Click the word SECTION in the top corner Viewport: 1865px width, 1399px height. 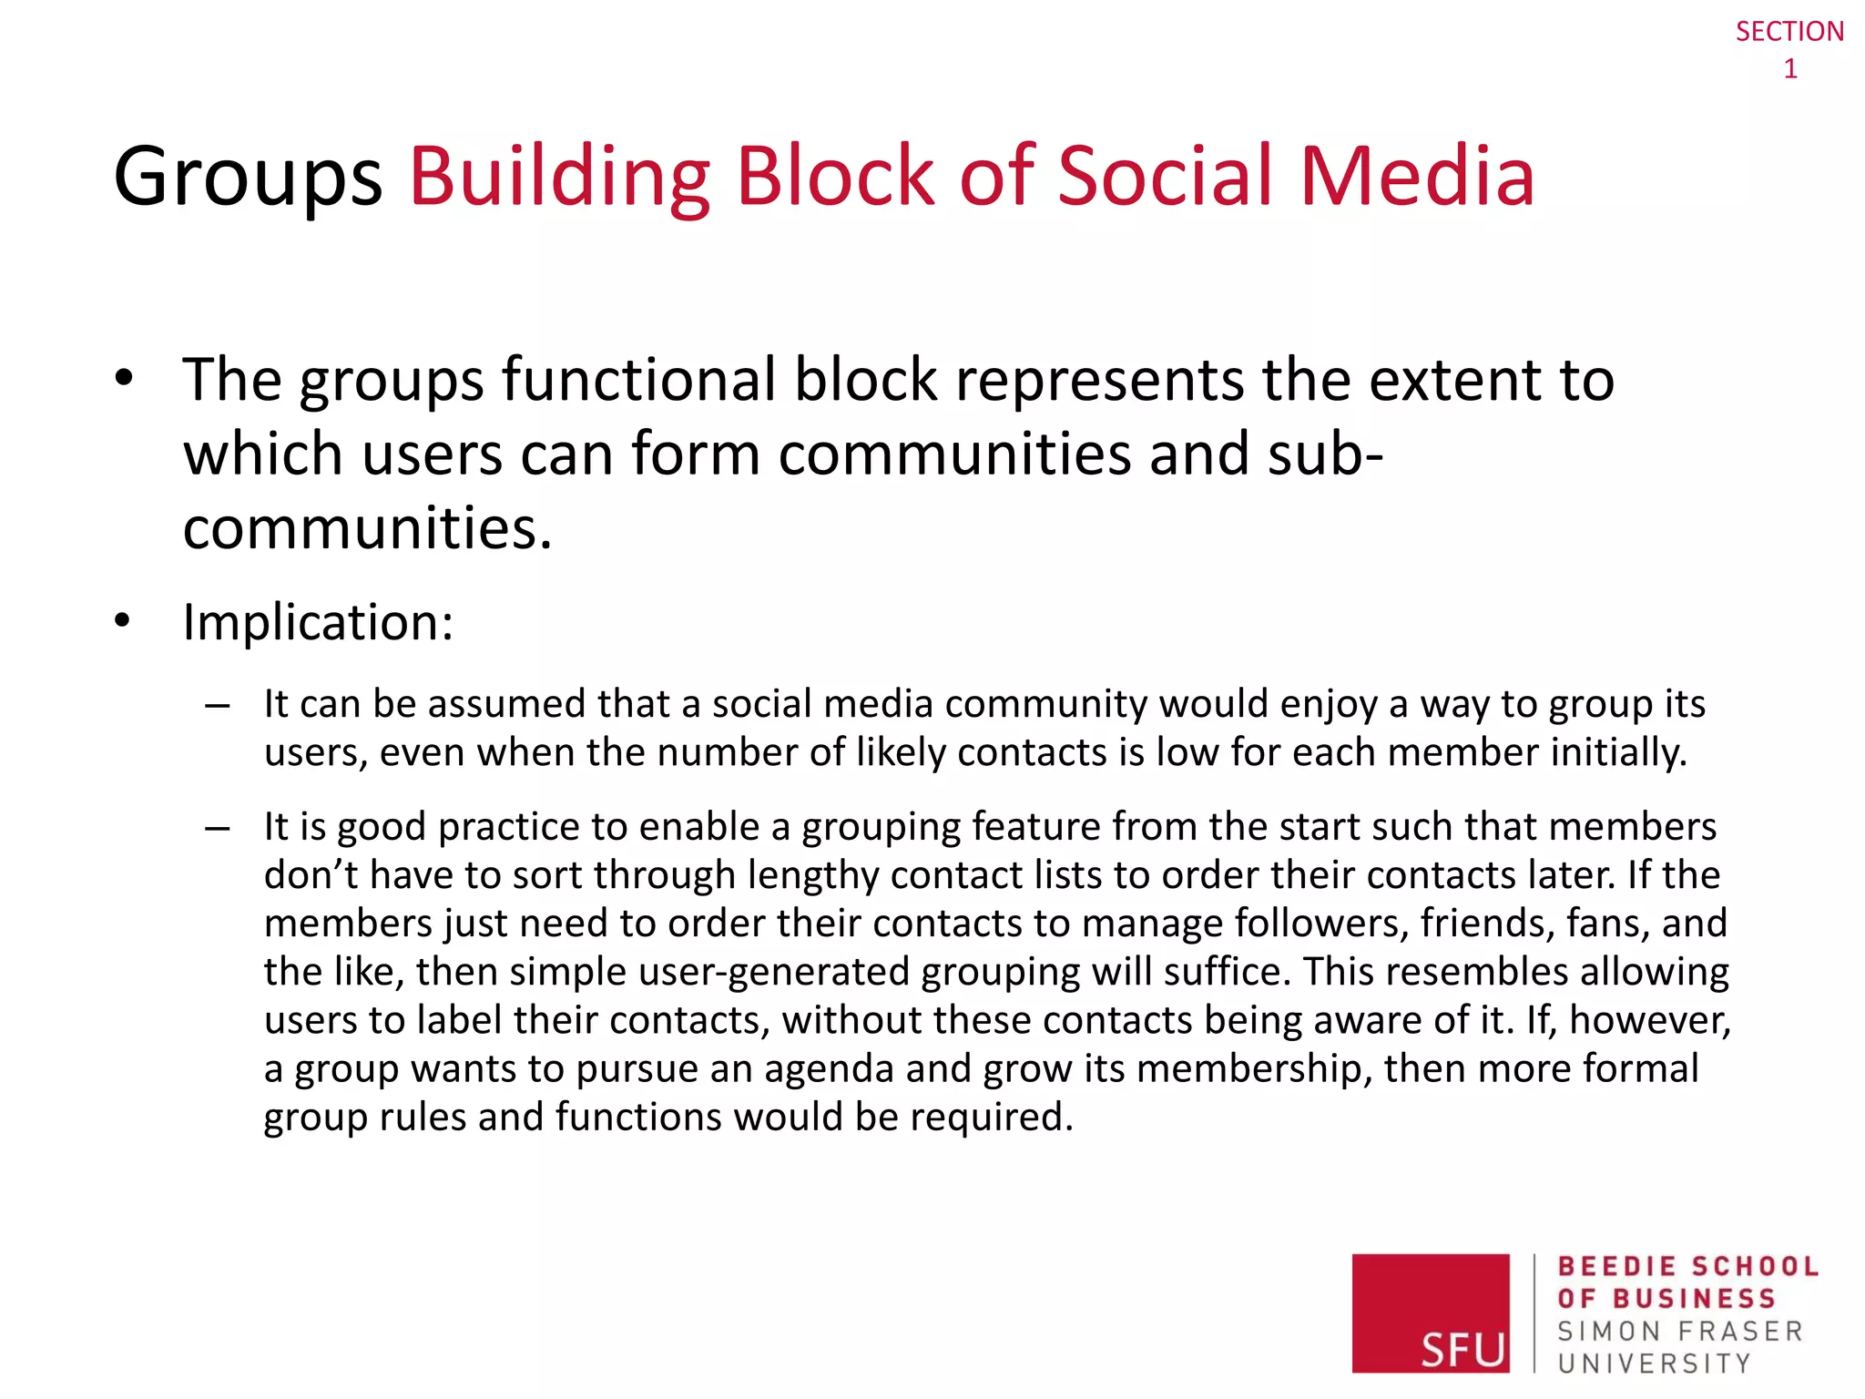[x=1789, y=32]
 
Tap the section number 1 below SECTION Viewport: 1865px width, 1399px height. [x=1790, y=69]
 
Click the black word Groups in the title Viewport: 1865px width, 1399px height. [x=248, y=177]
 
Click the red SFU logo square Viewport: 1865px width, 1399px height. [x=1430, y=1312]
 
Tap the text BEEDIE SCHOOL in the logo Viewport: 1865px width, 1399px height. [x=1687, y=1266]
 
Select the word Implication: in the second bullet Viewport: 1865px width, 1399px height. [x=318, y=623]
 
